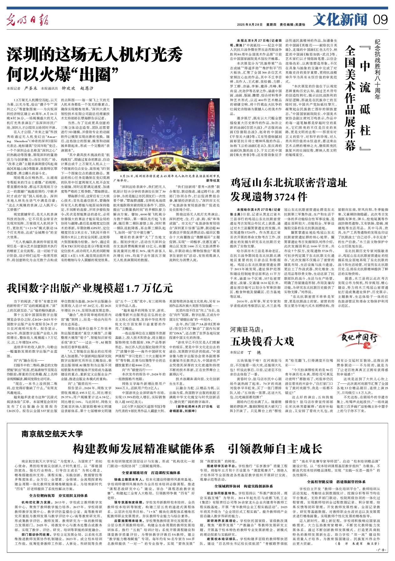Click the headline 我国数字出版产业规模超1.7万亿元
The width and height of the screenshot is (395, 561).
tap(90, 287)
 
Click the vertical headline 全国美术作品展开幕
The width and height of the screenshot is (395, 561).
tap(351, 97)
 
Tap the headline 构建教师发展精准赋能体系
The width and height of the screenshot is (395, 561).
tap(143, 449)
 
